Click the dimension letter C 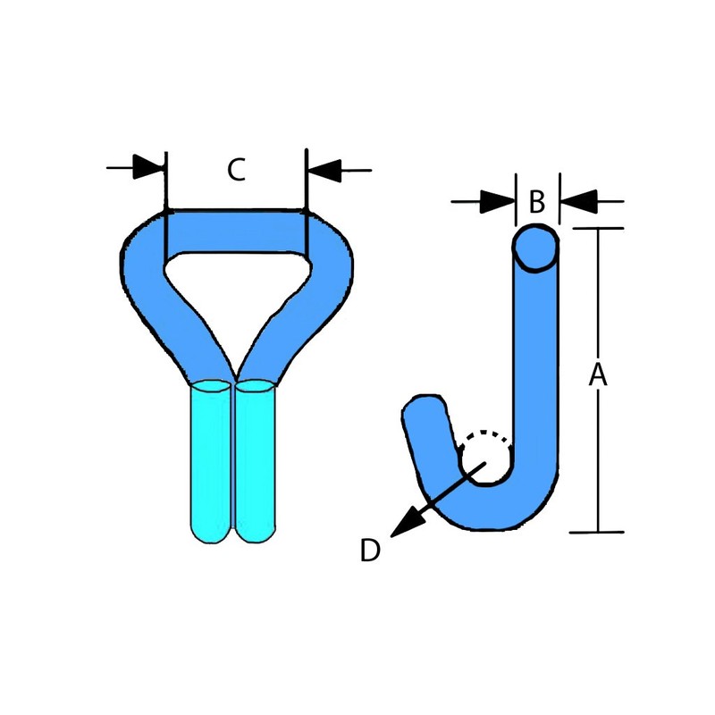(237, 170)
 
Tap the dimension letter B (537, 202)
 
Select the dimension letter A (598, 374)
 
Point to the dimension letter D (370, 551)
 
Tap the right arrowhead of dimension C (324, 171)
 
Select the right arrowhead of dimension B (578, 201)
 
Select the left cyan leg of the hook (210, 460)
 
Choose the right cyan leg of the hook (255, 460)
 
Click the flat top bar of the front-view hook (236, 231)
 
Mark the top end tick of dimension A (598, 228)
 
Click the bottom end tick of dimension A (597, 532)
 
